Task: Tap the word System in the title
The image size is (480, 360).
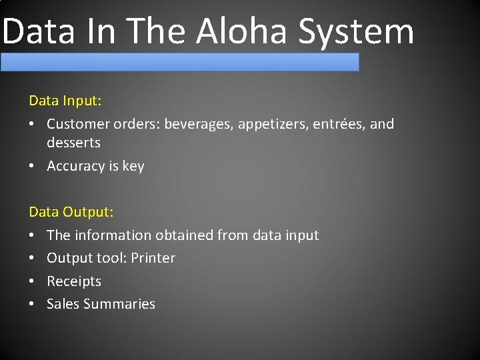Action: (356, 32)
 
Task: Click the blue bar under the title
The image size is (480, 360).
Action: (180, 62)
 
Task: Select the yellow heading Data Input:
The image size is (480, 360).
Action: (65, 101)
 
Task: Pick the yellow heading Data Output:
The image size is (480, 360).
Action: (71, 212)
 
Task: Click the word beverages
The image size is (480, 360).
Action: (195, 124)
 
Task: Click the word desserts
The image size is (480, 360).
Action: (73, 143)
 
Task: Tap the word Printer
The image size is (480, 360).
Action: (153, 258)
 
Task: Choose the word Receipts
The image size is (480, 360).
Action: (73, 281)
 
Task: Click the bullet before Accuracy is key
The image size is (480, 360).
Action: (33, 166)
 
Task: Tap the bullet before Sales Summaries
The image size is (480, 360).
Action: (33, 304)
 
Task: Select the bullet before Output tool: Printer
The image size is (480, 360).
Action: (33, 258)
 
